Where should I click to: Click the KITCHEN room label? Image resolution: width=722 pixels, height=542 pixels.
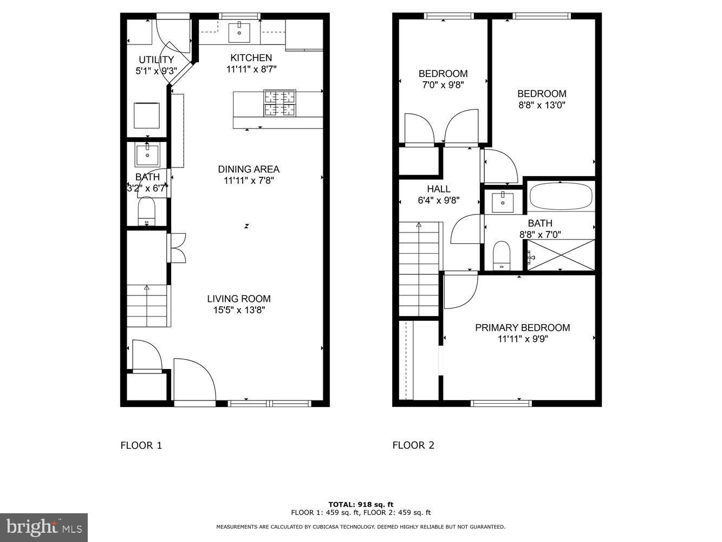pyautogui.click(x=251, y=58)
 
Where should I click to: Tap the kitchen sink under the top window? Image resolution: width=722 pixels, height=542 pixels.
pyautogui.click(x=239, y=33)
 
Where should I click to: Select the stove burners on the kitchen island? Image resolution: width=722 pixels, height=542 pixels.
pyautogui.click(x=279, y=103)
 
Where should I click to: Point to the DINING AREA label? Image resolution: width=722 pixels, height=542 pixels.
pyautogui.click(x=249, y=169)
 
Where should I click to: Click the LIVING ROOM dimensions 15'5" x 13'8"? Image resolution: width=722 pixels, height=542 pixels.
pyautogui.click(x=239, y=311)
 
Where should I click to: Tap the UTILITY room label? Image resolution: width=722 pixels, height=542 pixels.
pyautogui.click(x=156, y=60)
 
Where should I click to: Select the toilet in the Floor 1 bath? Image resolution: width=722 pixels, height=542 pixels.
pyautogui.click(x=147, y=211)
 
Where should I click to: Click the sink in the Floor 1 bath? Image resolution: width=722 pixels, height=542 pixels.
pyautogui.click(x=147, y=155)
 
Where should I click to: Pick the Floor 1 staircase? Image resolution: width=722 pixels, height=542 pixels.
pyautogui.click(x=147, y=306)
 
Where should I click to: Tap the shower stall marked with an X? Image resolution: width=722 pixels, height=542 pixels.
pyautogui.click(x=561, y=255)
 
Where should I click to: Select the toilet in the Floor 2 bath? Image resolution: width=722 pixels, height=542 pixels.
pyautogui.click(x=502, y=255)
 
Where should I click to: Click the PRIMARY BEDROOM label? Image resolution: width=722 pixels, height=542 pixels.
pyautogui.click(x=522, y=328)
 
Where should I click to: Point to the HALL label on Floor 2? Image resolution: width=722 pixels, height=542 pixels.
pyautogui.click(x=438, y=189)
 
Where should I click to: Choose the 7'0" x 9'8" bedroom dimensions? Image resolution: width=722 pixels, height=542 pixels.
pyautogui.click(x=443, y=85)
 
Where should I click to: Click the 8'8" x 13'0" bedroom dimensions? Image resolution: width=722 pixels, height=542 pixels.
pyautogui.click(x=542, y=105)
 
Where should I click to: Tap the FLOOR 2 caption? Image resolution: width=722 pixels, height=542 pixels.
pyautogui.click(x=413, y=446)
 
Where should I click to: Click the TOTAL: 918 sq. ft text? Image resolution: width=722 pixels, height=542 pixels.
pyautogui.click(x=361, y=504)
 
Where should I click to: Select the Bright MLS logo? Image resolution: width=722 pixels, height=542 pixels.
pyautogui.click(x=44, y=527)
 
